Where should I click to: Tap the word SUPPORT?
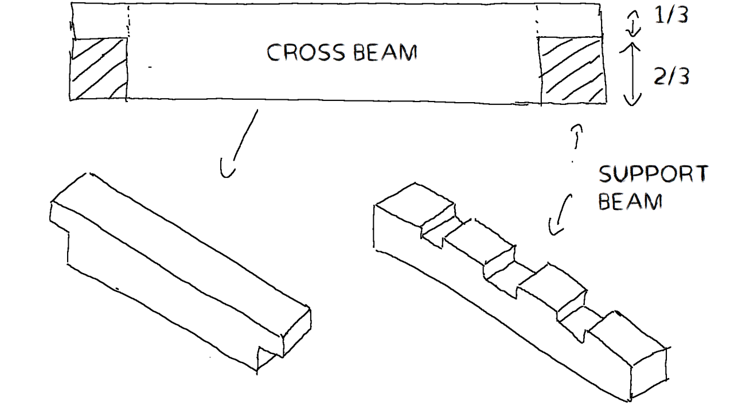click(x=653, y=174)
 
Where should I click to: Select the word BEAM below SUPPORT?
click(x=630, y=201)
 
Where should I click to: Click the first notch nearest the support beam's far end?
click(x=439, y=226)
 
